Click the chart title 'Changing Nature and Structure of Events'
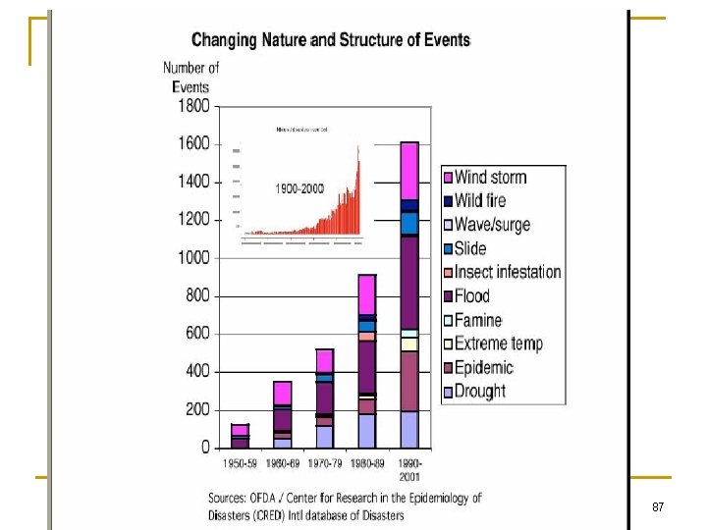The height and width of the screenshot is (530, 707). [331, 40]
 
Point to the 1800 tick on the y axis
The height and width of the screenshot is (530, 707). [192, 106]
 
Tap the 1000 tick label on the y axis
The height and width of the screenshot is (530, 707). [192, 258]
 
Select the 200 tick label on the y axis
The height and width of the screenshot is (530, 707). [196, 409]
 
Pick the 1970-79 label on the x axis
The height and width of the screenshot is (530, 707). [324, 462]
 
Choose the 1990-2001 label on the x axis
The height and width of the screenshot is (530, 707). [408, 467]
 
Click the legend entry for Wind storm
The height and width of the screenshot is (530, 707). [490, 178]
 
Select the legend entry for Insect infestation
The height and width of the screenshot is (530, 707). [507, 272]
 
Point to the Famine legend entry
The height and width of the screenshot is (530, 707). [477, 320]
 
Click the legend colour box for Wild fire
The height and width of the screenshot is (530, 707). [448, 201]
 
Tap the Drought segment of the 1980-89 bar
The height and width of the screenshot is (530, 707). [366, 430]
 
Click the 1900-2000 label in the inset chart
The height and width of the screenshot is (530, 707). [299, 187]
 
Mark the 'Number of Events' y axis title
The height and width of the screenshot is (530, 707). [190, 77]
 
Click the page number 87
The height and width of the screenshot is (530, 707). [658, 507]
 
